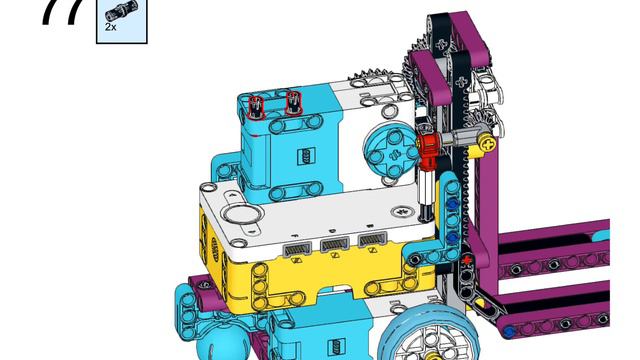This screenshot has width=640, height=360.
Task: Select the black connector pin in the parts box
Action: [116, 13]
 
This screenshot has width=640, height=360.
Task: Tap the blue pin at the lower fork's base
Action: [510, 331]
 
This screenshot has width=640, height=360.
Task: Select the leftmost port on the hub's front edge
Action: [297, 246]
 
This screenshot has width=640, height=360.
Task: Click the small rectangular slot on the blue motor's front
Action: [304, 156]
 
